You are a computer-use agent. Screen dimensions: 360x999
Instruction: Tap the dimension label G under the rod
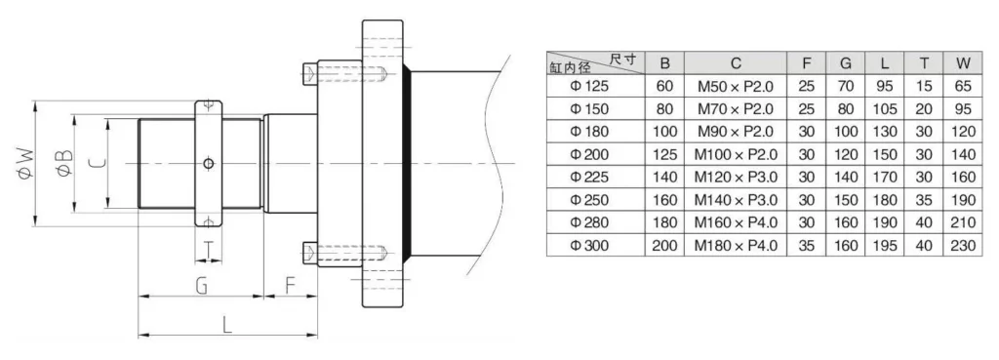[201, 285]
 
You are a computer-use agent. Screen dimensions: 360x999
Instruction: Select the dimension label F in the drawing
[290, 285]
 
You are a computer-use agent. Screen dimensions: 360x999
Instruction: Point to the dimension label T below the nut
[210, 251]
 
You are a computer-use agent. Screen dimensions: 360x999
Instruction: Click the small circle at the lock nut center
[208, 163]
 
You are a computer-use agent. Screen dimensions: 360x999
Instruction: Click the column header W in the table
[963, 63]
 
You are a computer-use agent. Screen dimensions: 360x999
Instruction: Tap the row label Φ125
[588, 86]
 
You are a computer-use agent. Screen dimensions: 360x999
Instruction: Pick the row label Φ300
[588, 246]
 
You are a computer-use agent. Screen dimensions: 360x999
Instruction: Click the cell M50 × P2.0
[735, 86]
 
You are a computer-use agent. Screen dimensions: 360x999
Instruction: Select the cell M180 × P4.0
[735, 246]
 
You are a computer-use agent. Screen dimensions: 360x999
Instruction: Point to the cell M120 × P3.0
[735, 178]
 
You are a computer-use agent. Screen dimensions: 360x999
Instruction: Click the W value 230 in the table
[963, 246]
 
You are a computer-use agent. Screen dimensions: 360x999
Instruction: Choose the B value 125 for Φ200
[664, 154]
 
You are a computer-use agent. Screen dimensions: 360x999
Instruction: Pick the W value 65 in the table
[963, 86]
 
